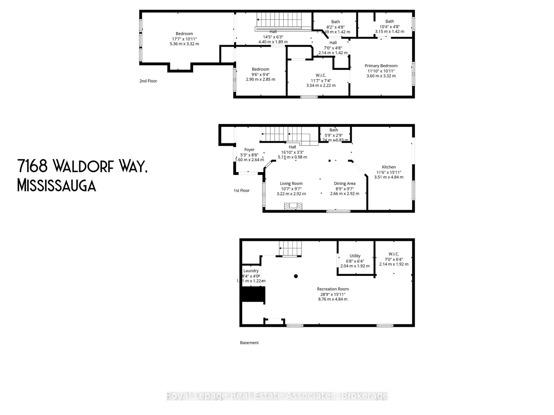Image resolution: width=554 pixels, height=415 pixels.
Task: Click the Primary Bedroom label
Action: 381,66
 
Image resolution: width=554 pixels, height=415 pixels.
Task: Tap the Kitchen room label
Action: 389,167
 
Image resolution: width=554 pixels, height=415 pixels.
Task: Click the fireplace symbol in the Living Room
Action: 293,206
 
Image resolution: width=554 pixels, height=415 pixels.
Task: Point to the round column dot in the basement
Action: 296,276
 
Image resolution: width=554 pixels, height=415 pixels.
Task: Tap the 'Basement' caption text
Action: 249,343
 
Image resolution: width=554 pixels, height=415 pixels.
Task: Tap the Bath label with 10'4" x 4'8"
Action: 389,21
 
